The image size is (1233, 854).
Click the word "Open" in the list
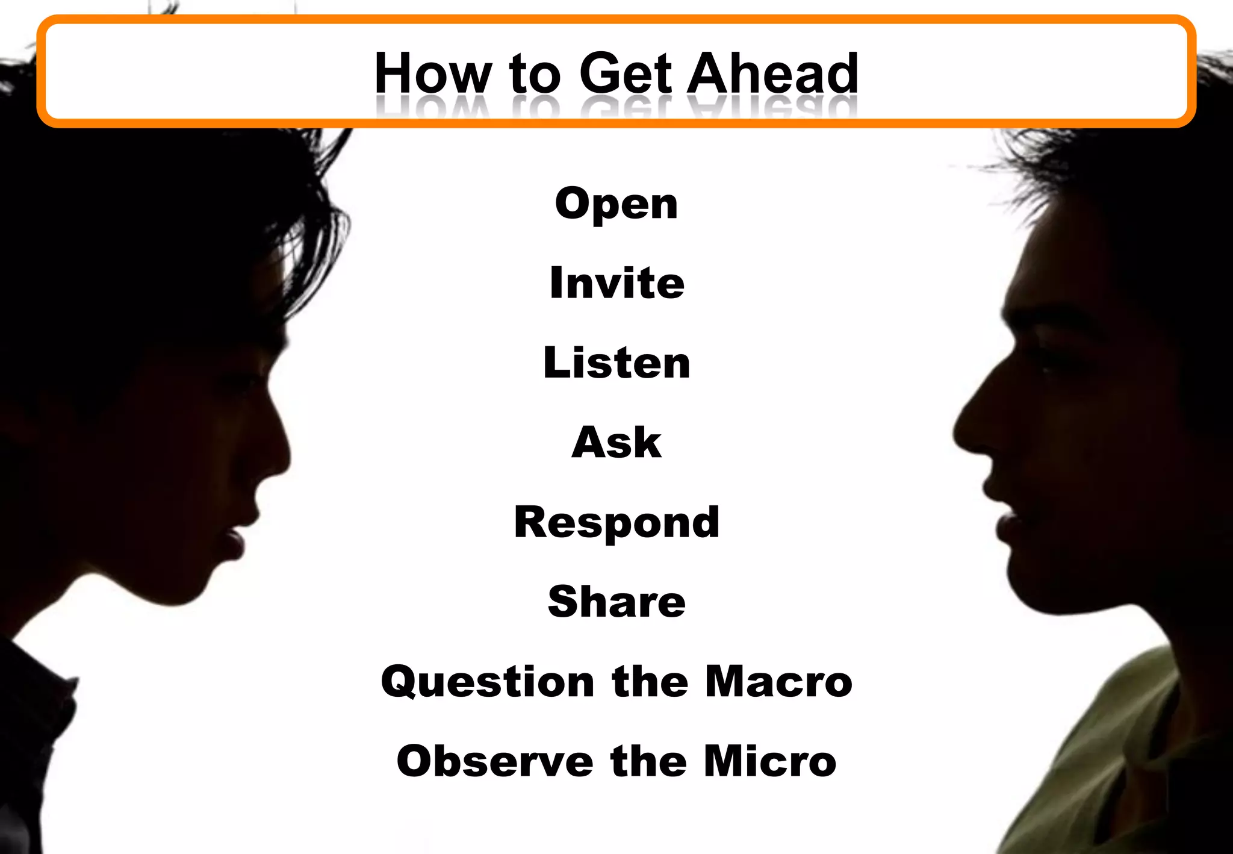(616, 205)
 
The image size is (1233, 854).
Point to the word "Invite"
(616, 282)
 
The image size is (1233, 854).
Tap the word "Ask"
(616, 442)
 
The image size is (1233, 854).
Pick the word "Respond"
(616, 523)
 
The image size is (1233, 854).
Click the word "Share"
(616, 602)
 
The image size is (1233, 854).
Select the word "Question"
(488, 682)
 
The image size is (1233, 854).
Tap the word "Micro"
(770, 761)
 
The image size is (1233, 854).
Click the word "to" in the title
(535, 75)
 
